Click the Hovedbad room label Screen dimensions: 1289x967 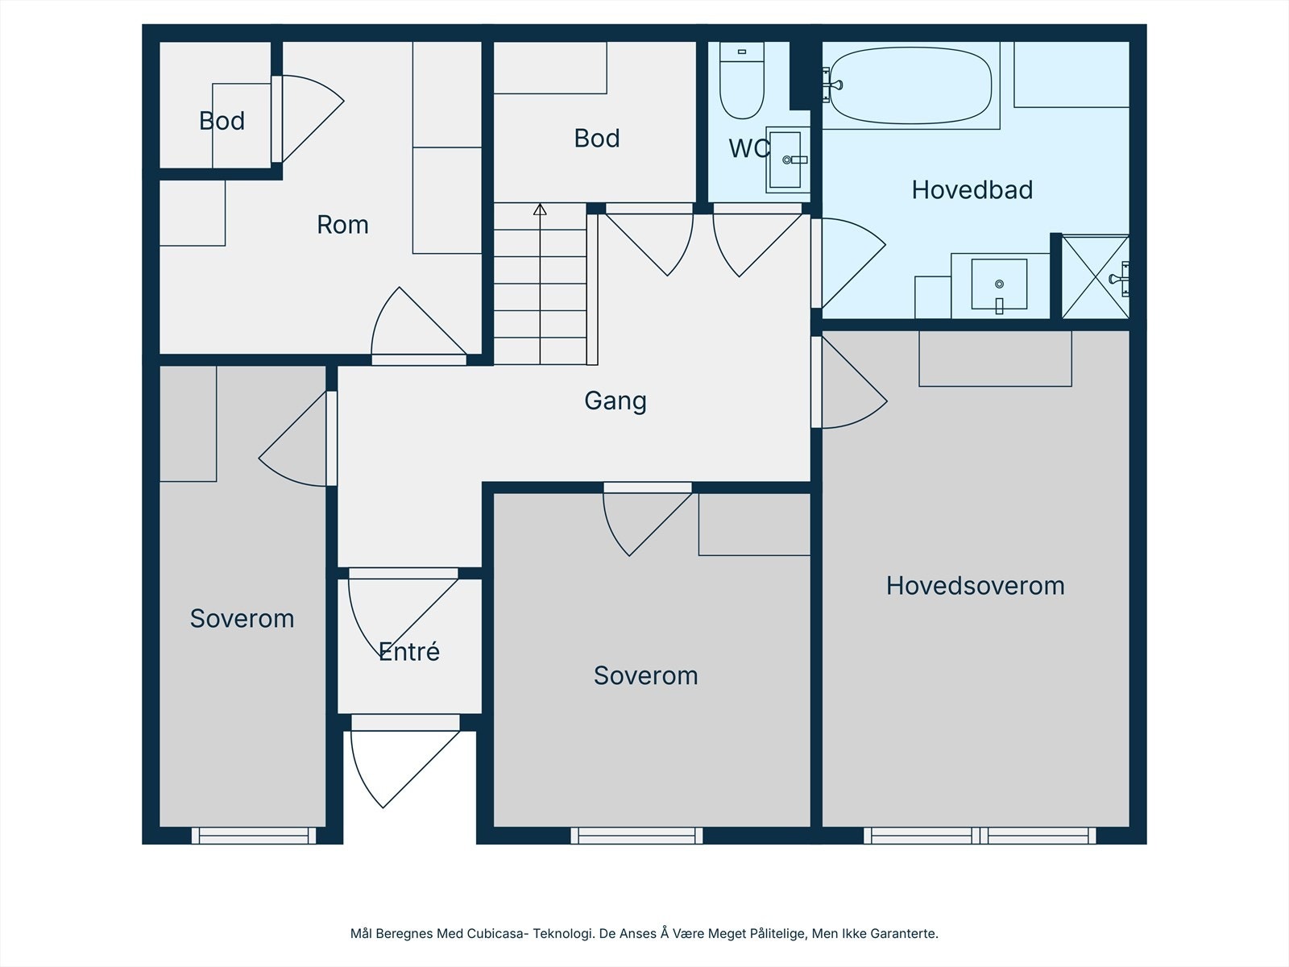click(x=972, y=190)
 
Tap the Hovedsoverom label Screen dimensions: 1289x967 click(x=975, y=586)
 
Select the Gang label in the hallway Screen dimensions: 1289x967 click(x=615, y=401)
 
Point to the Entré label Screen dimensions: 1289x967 click(x=409, y=651)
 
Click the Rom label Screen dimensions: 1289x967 click(x=343, y=225)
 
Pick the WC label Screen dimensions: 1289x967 click(x=749, y=148)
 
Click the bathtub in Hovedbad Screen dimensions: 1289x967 click(x=911, y=85)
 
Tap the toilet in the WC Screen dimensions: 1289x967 click(x=742, y=81)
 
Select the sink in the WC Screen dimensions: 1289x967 click(x=787, y=160)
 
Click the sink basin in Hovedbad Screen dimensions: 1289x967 click(x=999, y=284)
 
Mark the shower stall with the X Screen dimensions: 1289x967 click(x=1095, y=277)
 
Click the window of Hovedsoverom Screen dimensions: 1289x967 click(x=980, y=836)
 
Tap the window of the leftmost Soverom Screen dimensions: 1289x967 click(x=254, y=836)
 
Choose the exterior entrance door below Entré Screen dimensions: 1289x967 click(x=405, y=769)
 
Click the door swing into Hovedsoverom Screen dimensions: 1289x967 click(x=849, y=382)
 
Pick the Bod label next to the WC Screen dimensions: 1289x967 click(x=597, y=139)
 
